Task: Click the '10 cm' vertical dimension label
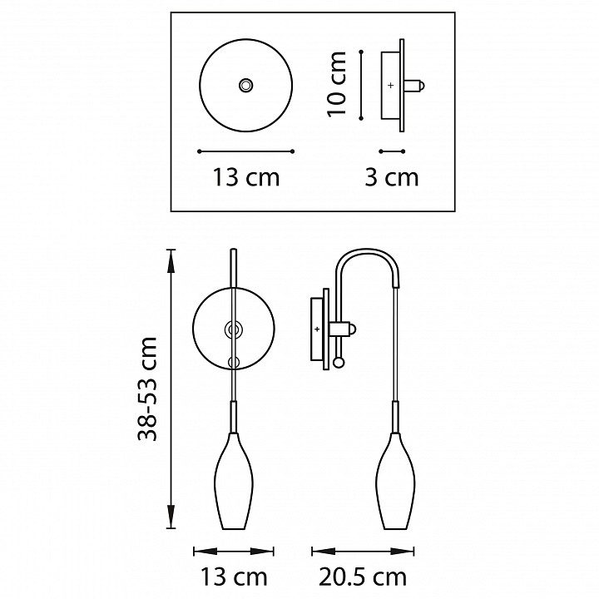coord(335,84)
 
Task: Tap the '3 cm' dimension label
coord(391,177)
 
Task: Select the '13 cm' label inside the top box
coord(246,177)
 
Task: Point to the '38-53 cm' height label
coord(148,389)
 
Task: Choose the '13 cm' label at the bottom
coord(234,577)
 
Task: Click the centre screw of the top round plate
coord(245,85)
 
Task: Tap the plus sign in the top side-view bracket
coord(391,85)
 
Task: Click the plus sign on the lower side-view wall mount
coord(317,329)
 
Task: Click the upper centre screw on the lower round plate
coord(234,330)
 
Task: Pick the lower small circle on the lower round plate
coord(234,361)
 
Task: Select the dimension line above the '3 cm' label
coord(391,151)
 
